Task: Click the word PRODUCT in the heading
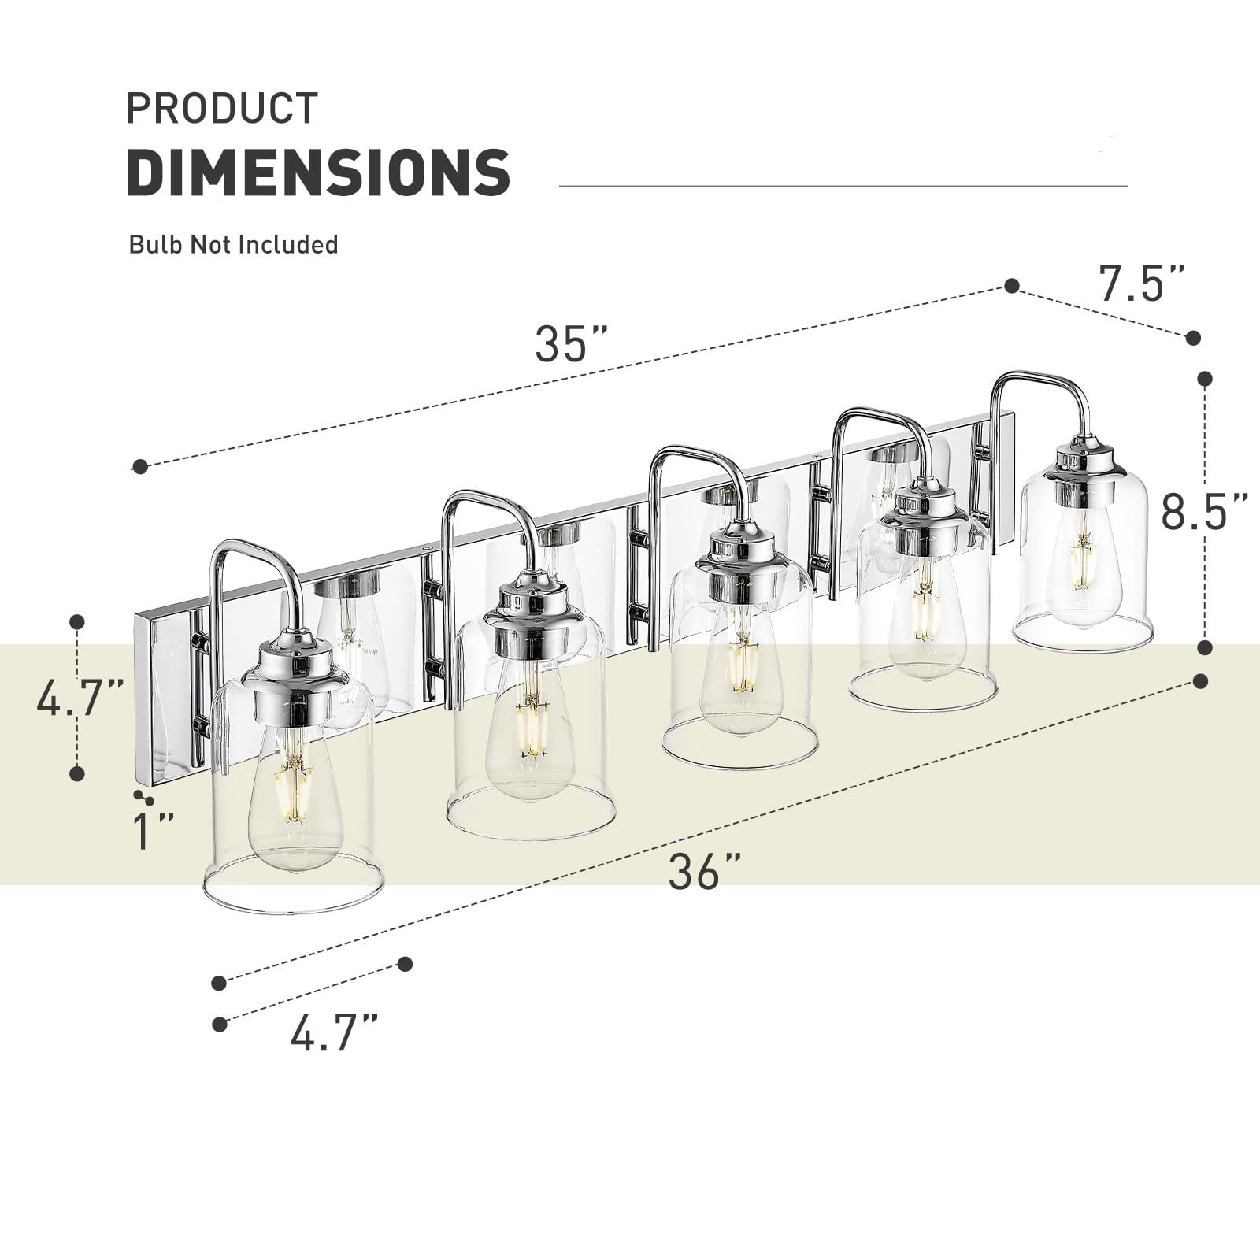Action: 222,109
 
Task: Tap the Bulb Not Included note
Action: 233,245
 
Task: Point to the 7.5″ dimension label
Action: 1141,284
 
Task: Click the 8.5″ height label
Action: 1204,512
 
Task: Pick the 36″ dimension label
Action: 705,872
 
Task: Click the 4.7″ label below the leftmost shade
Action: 334,1033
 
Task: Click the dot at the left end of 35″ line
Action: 140,467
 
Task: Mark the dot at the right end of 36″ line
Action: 1201,680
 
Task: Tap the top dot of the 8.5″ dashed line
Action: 1204,380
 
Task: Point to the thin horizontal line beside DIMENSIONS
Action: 843,186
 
